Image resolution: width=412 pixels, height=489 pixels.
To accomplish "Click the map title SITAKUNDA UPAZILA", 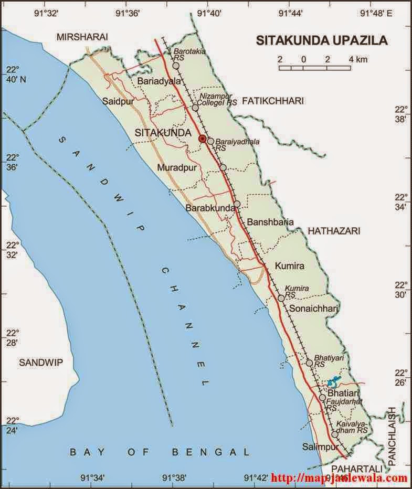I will (321, 40).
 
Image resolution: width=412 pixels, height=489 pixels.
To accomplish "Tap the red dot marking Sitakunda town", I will (203, 139).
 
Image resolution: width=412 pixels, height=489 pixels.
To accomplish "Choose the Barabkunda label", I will (209, 208).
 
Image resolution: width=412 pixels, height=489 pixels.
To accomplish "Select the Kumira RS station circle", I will (281, 298).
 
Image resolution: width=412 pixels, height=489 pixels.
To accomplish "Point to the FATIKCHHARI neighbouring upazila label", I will (273, 101).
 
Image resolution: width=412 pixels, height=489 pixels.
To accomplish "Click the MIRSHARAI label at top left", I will (83, 37).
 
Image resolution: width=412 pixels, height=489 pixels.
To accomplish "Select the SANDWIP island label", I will (37, 362).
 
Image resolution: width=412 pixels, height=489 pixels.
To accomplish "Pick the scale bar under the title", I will (315, 68).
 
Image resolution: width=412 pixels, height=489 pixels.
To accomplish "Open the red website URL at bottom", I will (339, 478).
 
